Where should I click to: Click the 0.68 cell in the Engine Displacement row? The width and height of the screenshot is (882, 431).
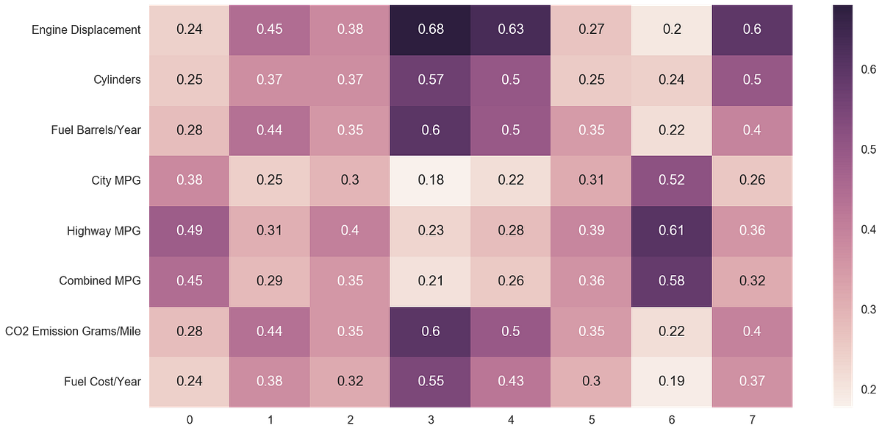coord(430,29)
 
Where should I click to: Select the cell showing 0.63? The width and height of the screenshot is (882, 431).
coord(511,29)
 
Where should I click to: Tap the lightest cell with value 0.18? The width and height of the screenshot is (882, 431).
coord(430,180)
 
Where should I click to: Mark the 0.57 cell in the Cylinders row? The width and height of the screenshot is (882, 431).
coord(430,79)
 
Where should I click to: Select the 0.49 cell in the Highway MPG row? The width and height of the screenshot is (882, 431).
coord(190,231)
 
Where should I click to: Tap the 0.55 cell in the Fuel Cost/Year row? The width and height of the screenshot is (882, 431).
coord(430,381)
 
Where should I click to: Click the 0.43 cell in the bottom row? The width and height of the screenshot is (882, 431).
coord(511,381)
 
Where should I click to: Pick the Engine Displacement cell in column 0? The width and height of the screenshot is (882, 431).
coord(190,29)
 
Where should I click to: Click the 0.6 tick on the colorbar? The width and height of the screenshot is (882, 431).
coord(867,70)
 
